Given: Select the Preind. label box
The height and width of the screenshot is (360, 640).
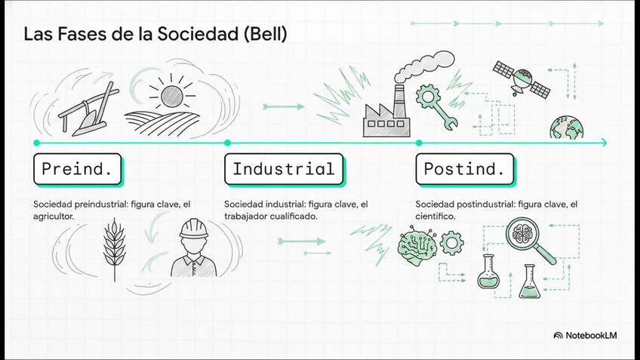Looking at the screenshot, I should click(x=78, y=169).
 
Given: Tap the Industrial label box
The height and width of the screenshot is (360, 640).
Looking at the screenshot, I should click(x=283, y=169).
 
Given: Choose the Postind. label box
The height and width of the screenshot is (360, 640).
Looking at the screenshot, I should click(x=464, y=169).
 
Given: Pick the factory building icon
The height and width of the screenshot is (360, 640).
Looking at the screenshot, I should click(x=386, y=113).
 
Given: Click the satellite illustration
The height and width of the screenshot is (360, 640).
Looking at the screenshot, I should click(x=522, y=78).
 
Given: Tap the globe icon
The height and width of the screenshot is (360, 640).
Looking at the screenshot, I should click(x=563, y=127).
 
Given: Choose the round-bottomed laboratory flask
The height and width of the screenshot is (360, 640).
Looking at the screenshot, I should click(x=489, y=272).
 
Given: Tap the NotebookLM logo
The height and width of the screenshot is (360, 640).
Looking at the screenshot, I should click(x=585, y=334).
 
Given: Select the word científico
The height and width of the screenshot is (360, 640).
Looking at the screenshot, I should click(x=435, y=217).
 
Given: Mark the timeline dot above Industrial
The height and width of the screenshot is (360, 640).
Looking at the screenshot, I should click(x=227, y=142).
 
